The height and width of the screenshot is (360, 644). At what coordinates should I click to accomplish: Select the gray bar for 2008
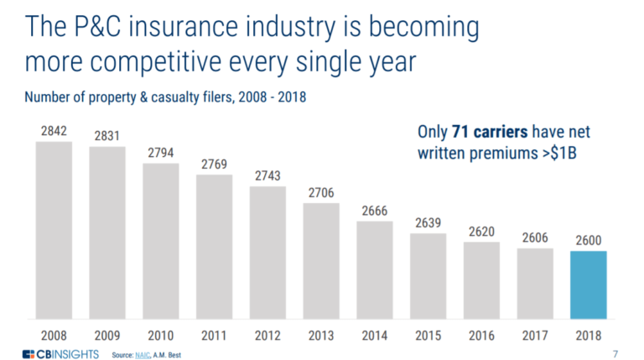[x=54, y=230]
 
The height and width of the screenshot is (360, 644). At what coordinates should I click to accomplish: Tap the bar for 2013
[x=322, y=261]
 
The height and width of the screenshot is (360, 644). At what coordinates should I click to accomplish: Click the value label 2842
[x=54, y=131]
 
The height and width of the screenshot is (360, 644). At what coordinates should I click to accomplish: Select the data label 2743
[x=268, y=176]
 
